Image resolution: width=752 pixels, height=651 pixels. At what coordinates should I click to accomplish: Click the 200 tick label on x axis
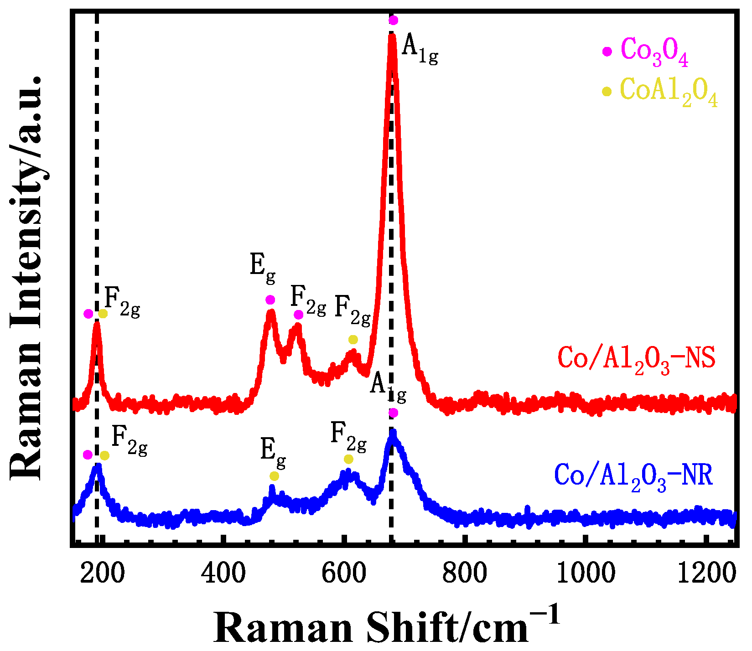click(x=102, y=573)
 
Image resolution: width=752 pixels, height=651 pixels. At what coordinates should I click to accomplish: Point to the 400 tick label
click(x=223, y=573)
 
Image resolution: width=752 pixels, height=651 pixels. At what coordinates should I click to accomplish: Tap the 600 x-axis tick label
click(x=344, y=573)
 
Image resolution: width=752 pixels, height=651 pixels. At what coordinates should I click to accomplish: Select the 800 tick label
click(x=465, y=573)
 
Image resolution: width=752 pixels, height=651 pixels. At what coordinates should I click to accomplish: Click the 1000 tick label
click(x=586, y=573)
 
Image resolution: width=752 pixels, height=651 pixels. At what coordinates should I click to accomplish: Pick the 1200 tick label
click(x=706, y=573)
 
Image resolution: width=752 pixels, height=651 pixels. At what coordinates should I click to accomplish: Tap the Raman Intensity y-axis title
click(x=26, y=278)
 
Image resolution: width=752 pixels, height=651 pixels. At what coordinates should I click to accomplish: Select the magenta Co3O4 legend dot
click(x=607, y=52)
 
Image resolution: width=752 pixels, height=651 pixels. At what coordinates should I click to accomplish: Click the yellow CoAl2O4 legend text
click(x=669, y=91)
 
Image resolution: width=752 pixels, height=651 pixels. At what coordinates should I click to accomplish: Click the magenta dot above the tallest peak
click(x=393, y=21)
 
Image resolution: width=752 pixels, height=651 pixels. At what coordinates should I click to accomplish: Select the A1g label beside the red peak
click(x=420, y=48)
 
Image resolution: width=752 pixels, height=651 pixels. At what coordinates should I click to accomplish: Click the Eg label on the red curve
click(x=263, y=267)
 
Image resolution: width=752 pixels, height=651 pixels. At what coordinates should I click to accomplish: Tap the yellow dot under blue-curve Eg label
click(x=274, y=476)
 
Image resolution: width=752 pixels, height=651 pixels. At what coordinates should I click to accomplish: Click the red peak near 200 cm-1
click(x=96, y=325)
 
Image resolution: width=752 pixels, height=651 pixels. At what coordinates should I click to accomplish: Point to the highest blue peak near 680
click(x=392, y=433)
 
